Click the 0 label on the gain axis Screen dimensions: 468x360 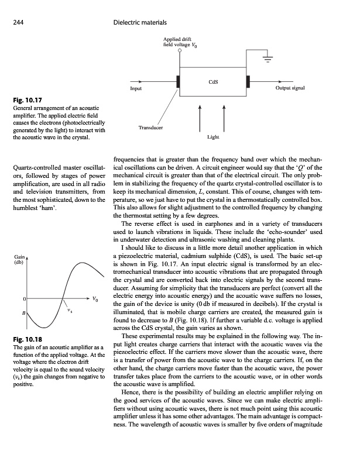tap(23, 299)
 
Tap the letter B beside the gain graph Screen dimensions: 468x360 tap(24, 314)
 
